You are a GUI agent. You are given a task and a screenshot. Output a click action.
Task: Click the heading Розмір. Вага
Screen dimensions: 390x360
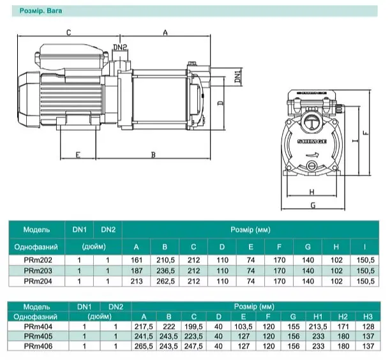click(41, 11)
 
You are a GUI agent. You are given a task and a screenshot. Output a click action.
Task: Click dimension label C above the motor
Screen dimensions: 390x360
click(69, 33)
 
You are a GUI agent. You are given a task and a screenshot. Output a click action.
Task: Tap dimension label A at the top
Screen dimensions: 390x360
click(165, 33)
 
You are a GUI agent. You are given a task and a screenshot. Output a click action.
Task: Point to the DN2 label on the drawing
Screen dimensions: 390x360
click(120, 47)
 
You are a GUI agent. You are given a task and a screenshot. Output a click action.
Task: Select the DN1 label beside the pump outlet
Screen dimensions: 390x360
click(238, 76)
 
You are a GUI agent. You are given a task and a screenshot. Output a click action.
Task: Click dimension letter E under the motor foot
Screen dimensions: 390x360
click(78, 154)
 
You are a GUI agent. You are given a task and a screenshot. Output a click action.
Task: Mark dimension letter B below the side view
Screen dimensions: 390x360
click(153, 154)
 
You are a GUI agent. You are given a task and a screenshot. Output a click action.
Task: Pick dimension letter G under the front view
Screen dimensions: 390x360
click(313, 205)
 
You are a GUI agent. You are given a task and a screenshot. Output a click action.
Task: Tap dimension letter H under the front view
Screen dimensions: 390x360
click(311, 192)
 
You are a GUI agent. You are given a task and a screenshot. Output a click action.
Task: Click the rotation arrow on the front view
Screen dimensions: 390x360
click(312, 154)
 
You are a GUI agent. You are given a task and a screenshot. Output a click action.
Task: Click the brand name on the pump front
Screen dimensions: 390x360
click(312, 141)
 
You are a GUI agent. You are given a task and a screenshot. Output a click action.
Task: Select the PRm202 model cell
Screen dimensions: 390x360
click(38, 260)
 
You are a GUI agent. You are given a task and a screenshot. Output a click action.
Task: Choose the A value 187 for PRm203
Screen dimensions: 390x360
click(137, 271)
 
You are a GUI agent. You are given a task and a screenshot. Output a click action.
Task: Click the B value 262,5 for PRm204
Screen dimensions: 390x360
click(165, 281)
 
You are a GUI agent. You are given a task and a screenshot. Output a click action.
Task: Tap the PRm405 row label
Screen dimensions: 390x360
click(38, 336)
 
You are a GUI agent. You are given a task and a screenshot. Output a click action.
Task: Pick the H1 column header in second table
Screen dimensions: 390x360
click(318, 317)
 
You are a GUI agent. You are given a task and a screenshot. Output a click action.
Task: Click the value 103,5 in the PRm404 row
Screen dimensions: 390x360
click(243, 327)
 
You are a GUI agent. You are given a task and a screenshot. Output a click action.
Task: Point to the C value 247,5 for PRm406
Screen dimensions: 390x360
click(193, 346)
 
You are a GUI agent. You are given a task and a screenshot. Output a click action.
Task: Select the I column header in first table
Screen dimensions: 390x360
click(364, 247)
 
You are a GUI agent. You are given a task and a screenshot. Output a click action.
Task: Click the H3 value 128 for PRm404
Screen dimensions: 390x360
click(368, 327)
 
